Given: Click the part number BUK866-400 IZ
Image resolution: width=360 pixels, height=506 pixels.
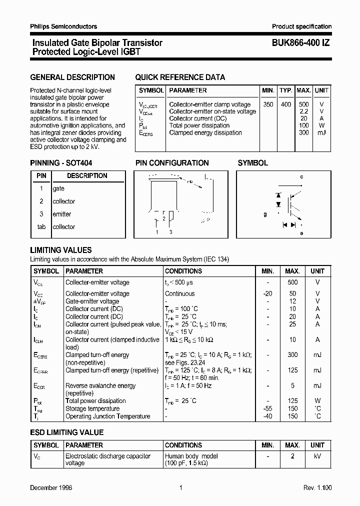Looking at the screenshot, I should [x=300, y=43].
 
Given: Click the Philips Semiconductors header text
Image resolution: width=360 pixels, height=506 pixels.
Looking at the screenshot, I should [x=63, y=26].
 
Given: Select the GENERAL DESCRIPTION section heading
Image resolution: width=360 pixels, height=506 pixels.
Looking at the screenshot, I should [x=72, y=77].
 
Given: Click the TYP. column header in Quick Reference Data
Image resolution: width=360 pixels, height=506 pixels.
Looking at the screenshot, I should [x=286, y=90].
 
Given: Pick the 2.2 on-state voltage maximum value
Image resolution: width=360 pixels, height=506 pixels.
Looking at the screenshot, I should [x=303, y=111].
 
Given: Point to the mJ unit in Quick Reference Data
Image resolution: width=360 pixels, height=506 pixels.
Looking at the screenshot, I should [x=321, y=133].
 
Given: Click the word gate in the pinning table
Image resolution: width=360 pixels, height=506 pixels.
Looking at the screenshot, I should [x=58, y=188].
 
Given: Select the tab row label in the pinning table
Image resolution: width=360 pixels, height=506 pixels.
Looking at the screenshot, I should [x=41, y=227].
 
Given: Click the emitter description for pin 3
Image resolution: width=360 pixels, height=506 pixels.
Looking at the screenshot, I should [x=62, y=214].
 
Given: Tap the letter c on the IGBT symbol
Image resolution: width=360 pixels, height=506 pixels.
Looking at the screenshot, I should [x=301, y=177].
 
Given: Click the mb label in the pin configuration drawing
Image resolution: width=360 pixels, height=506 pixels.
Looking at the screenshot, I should [x=189, y=182].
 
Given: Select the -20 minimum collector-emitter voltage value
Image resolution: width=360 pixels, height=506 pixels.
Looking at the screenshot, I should [x=267, y=294].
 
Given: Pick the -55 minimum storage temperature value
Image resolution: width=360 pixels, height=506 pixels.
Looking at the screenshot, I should [x=267, y=408].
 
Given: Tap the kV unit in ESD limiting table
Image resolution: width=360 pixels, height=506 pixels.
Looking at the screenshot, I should [x=317, y=456].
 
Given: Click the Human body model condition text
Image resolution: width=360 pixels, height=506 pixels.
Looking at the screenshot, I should [x=191, y=456].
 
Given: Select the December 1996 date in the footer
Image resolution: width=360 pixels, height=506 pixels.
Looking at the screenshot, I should [x=51, y=487].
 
